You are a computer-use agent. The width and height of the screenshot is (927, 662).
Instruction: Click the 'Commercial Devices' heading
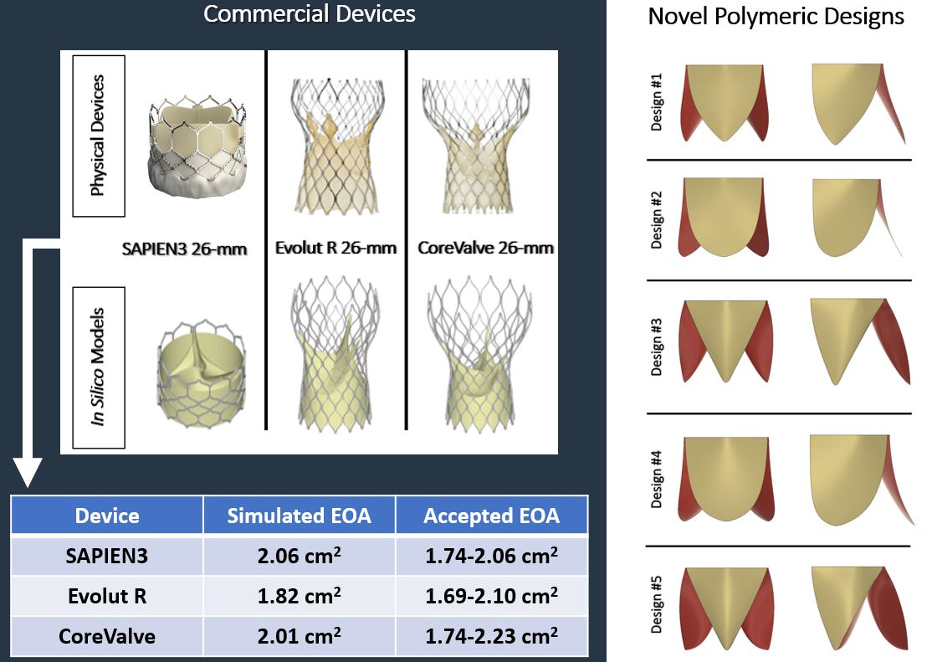pos(309,14)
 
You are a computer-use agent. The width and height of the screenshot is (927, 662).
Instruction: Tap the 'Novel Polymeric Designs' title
pos(776,17)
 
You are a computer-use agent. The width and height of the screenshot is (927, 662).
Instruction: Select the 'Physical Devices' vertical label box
pos(99,136)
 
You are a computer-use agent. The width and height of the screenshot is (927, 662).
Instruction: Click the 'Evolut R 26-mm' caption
pos(335,248)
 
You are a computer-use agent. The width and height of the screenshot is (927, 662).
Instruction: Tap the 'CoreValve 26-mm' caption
pos(485,248)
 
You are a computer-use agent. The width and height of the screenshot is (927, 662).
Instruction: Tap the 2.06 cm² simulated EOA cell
pos(299,555)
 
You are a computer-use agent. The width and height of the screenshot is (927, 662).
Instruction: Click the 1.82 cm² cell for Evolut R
pos(299,596)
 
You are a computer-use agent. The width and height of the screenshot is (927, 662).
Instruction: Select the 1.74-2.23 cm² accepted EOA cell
pos(491,636)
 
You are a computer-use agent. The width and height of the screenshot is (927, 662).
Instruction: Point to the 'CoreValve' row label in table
pos(107,636)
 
